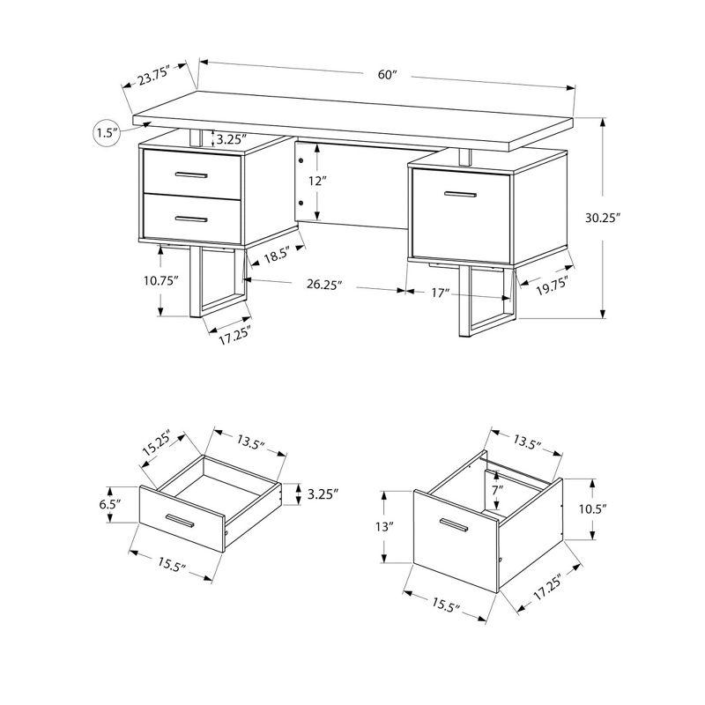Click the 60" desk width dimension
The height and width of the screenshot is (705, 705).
tap(388, 75)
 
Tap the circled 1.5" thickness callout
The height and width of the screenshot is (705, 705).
tap(107, 133)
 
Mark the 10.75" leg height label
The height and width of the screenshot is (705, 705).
tap(165, 281)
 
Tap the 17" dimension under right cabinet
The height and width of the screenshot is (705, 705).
tap(441, 293)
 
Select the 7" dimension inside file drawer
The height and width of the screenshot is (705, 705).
tap(498, 489)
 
